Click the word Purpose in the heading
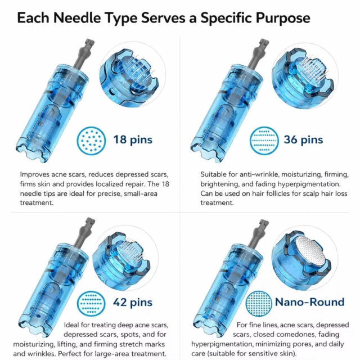283,19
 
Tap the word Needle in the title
77,18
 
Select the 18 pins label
133,139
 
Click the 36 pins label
303,139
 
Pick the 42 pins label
133,303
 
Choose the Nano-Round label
310,302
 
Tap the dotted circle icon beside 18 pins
91,141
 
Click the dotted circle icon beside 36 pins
264,141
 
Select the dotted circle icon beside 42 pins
91,304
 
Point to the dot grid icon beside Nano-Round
259,304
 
